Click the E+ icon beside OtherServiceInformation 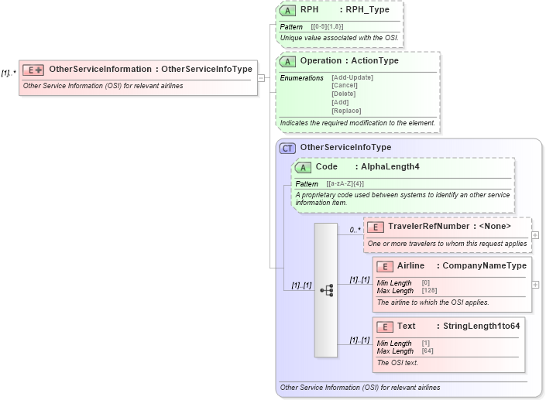pyautogui.click(x=33, y=69)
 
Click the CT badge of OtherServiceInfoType pyautogui.click(x=287, y=148)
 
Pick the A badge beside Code pyautogui.click(x=303, y=167)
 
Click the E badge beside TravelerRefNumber pyautogui.click(x=375, y=227)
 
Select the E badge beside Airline pyautogui.click(x=384, y=266)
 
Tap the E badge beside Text pyautogui.click(x=384, y=326)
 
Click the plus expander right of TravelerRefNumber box pyautogui.click(x=535, y=234)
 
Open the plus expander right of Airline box pyautogui.click(x=535, y=284)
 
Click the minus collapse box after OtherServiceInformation pyautogui.click(x=261, y=77)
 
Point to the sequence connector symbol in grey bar pyautogui.click(x=326, y=290)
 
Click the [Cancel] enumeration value pyautogui.click(x=344, y=85)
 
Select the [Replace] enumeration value pyautogui.click(x=346, y=111)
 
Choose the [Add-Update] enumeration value pyautogui.click(x=352, y=77)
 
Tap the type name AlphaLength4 pyautogui.click(x=390, y=167)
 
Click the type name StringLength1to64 pyautogui.click(x=481, y=326)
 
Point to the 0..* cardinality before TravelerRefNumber pyautogui.click(x=355, y=230)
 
